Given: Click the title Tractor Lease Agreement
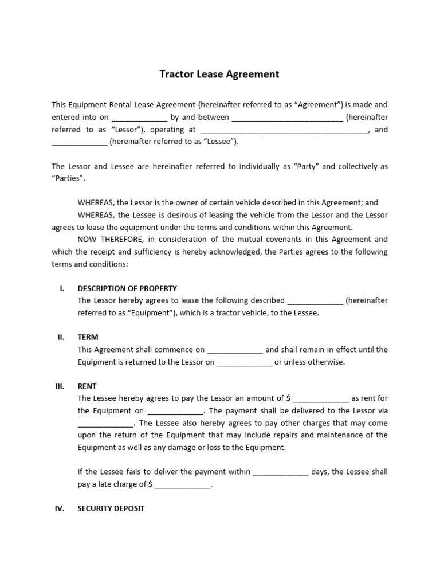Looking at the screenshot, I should (x=219, y=74).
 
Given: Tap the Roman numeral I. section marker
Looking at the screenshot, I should (x=62, y=288).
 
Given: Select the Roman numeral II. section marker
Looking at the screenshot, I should (x=61, y=337).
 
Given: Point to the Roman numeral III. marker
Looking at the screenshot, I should (x=60, y=386).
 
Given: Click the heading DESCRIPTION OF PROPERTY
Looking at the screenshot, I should (x=127, y=288).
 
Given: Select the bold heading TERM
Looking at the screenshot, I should (x=88, y=337).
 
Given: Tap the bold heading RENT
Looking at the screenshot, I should (x=87, y=386).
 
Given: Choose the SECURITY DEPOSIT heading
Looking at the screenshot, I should (x=111, y=508).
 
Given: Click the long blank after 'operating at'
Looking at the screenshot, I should (x=284, y=131).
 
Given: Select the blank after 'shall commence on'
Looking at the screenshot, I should (x=235, y=350).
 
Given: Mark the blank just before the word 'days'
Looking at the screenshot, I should (x=281, y=473).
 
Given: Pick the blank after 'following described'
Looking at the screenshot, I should (x=315, y=301).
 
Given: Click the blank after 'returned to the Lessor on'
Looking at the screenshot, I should (x=245, y=363).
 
